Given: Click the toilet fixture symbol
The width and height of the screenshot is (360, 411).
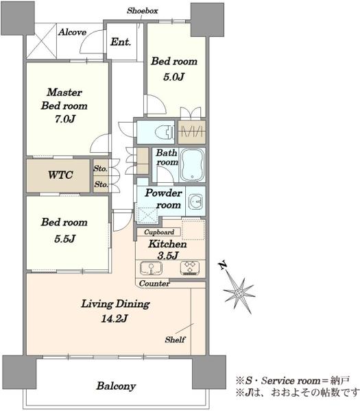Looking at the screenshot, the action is coord(165,132).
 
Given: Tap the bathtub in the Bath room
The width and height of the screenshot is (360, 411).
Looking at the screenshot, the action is coord(192,165).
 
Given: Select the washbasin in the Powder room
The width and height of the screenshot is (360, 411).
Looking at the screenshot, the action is coord(195,201).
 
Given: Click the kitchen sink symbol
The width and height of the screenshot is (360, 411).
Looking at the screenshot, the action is coord(151,268).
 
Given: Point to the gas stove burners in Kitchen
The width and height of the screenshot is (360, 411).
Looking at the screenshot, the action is coord(190,268).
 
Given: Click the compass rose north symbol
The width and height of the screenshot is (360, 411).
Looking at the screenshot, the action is coord(239,292).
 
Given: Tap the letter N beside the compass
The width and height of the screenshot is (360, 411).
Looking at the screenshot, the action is coord(223,266).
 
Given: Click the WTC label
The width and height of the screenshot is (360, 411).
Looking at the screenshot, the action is coord(60,175).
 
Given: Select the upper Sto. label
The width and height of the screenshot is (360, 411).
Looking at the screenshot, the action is coord(101,169).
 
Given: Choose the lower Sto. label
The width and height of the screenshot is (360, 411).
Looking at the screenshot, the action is coord(101,184).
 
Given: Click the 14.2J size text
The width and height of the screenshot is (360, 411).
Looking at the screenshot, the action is coord(115,319).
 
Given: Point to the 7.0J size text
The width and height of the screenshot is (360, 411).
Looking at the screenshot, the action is coord(65,119).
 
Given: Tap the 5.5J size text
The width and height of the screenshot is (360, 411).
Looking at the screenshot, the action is coord(65,239).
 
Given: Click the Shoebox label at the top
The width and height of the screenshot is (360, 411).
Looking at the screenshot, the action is coord(143,11).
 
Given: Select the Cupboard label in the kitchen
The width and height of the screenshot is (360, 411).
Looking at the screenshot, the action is coord(159,232).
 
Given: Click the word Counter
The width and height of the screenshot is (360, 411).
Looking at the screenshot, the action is coord(154,284).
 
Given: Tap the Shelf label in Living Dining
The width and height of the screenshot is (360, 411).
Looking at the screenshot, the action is coord(175,340).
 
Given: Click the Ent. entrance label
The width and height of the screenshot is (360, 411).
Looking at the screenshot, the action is coord(121,42).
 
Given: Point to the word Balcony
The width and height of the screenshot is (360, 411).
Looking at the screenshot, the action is coord(116,386).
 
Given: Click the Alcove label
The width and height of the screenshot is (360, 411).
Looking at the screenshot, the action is coord(72,32).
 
